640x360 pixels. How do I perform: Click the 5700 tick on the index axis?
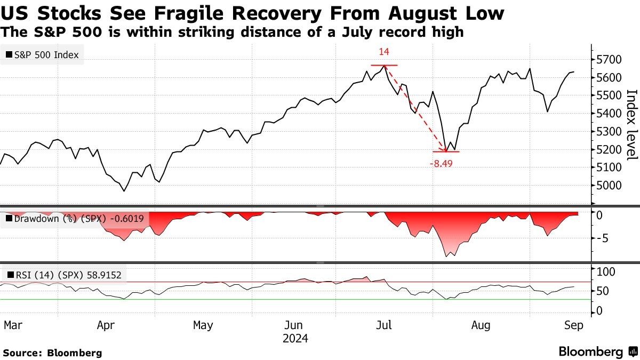(x=608, y=59)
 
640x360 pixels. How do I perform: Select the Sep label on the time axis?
(x=573, y=325)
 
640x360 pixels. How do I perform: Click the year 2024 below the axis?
(x=295, y=339)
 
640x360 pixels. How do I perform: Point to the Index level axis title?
(x=631, y=124)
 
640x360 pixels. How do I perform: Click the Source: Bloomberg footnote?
(x=52, y=353)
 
